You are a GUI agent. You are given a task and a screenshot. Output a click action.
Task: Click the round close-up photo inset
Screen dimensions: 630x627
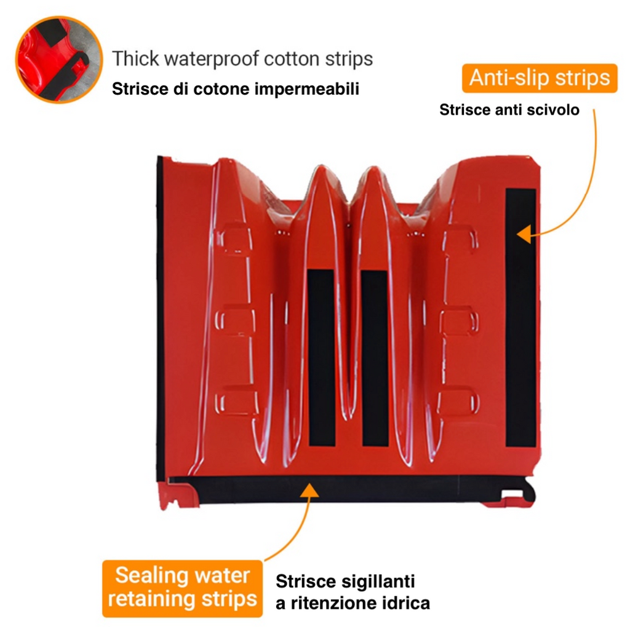59,60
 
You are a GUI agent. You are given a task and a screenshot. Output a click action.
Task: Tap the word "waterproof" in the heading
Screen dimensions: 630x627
212,58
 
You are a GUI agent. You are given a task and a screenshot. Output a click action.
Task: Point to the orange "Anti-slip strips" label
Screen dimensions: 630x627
540,78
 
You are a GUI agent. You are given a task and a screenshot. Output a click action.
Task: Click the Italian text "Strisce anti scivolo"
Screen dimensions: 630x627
509,109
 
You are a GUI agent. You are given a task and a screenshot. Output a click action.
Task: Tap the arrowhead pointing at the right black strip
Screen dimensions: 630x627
524,234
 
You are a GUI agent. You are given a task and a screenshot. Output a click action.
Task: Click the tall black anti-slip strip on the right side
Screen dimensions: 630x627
520,318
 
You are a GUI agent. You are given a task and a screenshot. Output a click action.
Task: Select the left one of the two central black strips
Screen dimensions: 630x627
321,358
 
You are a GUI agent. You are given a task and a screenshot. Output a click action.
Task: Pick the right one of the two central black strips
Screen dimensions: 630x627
375,358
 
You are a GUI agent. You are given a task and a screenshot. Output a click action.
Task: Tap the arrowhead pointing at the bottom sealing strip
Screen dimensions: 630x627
309,490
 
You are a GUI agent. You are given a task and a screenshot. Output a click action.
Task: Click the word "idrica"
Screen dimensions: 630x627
404,603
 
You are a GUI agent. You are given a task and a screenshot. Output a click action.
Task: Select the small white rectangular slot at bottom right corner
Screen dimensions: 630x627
512,494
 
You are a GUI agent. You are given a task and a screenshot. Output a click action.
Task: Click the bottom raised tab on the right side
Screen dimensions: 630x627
458,402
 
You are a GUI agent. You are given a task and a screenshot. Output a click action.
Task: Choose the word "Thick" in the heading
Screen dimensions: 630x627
135,58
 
